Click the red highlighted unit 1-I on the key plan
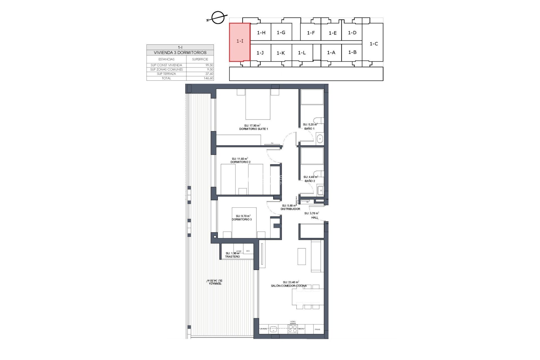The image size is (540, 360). (x=240, y=41)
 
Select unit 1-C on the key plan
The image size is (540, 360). (x=373, y=44)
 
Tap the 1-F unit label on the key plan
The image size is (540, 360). (x=311, y=33)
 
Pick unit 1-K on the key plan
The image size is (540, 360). (x=281, y=53)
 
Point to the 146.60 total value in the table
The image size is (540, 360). (x=208, y=78)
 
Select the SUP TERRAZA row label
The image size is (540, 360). (x=166, y=74)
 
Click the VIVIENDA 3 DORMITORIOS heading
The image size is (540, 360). (x=180, y=53)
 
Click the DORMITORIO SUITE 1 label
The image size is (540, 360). (x=253, y=129)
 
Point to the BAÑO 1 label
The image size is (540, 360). (x=309, y=129)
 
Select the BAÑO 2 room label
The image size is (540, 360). (x=310, y=181)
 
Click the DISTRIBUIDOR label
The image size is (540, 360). (x=290, y=209)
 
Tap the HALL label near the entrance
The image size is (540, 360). (x=315, y=217)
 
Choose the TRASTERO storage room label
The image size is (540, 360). (x=232, y=256)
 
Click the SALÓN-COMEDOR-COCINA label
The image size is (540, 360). (x=289, y=286)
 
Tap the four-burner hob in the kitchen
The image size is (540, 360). (x=293, y=329)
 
